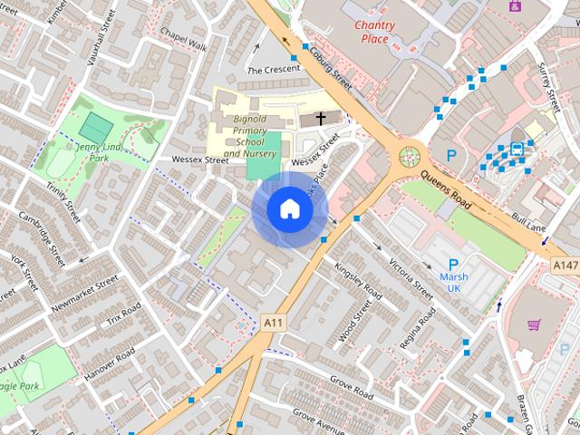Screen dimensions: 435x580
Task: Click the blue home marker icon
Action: click(290, 209)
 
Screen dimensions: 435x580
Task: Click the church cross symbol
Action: click(320, 118)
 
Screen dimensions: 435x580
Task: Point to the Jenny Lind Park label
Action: click(100, 152)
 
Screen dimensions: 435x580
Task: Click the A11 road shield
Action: click(273, 322)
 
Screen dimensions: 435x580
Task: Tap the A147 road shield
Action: click(565, 265)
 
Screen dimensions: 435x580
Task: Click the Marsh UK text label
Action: click(454, 282)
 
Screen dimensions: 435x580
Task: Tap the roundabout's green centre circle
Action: click(410, 156)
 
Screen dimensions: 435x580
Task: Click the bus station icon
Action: click(517, 149)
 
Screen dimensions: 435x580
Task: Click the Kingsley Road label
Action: click(358, 277)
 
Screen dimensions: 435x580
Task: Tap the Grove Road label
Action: click(352, 391)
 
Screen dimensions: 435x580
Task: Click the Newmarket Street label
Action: click(85, 294)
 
